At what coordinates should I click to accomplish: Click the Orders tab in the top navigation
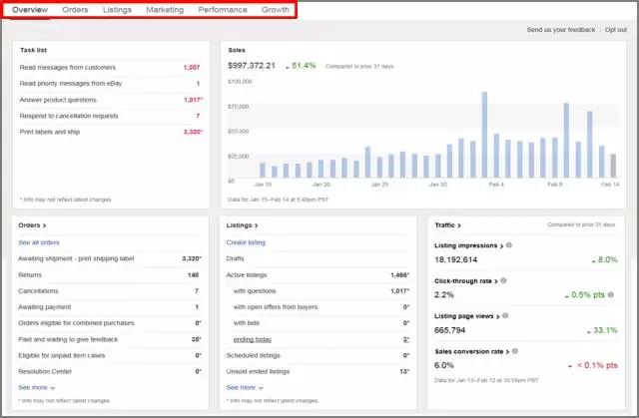[x=75, y=9]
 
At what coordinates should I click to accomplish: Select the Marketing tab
[x=165, y=9]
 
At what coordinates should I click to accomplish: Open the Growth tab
[x=276, y=9]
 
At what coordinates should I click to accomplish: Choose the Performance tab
[x=223, y=9]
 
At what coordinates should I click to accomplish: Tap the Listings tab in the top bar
[x=117, y=9]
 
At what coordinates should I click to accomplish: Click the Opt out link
[x=615, y=30]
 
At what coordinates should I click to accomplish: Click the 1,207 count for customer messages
[x=192, y=67]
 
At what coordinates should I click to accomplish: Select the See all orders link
[x=39, y=242]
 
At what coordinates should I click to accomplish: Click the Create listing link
[x=246, y=242]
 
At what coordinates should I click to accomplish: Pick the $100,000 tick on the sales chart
[x=239, y=82]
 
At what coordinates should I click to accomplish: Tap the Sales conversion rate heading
[x=467, y=351]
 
